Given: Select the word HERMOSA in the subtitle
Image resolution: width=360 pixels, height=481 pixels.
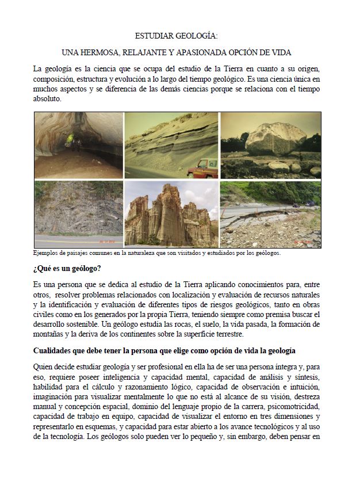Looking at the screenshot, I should click(118, 53).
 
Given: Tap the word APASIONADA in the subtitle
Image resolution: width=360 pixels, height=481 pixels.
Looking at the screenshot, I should click(219, 53).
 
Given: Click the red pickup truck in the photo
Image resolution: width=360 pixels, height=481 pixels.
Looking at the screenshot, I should click(202, 168).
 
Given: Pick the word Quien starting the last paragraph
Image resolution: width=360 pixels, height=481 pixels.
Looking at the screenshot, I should click(44, 367).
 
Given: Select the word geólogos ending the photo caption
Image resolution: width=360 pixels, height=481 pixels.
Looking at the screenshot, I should click(266, 253).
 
